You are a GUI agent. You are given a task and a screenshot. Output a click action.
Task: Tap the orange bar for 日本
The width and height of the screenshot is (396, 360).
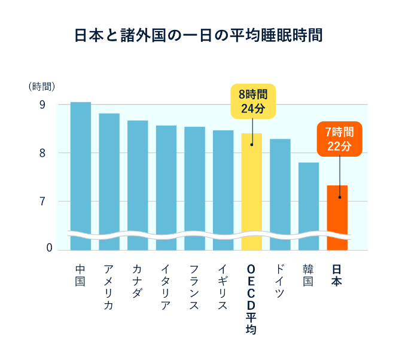337,215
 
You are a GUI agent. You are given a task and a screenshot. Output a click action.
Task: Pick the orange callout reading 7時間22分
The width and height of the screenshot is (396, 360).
339,139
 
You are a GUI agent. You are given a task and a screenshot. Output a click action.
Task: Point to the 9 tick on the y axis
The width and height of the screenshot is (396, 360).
42,105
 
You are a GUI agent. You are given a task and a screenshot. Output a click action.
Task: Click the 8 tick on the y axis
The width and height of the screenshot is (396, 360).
42,153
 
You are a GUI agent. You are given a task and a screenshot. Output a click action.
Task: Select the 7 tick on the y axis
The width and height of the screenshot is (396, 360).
42,201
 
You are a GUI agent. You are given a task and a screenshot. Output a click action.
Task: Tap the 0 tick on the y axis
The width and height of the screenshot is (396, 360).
42,249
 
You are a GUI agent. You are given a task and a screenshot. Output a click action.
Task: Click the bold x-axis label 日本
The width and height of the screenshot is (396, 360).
337,276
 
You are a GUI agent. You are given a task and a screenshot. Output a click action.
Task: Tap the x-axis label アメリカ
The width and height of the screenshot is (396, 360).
109,288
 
